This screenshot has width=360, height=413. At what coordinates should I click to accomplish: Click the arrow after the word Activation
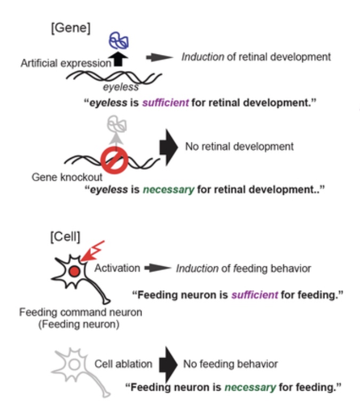pos(155,268)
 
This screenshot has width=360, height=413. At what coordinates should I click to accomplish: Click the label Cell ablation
pos(123,365)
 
